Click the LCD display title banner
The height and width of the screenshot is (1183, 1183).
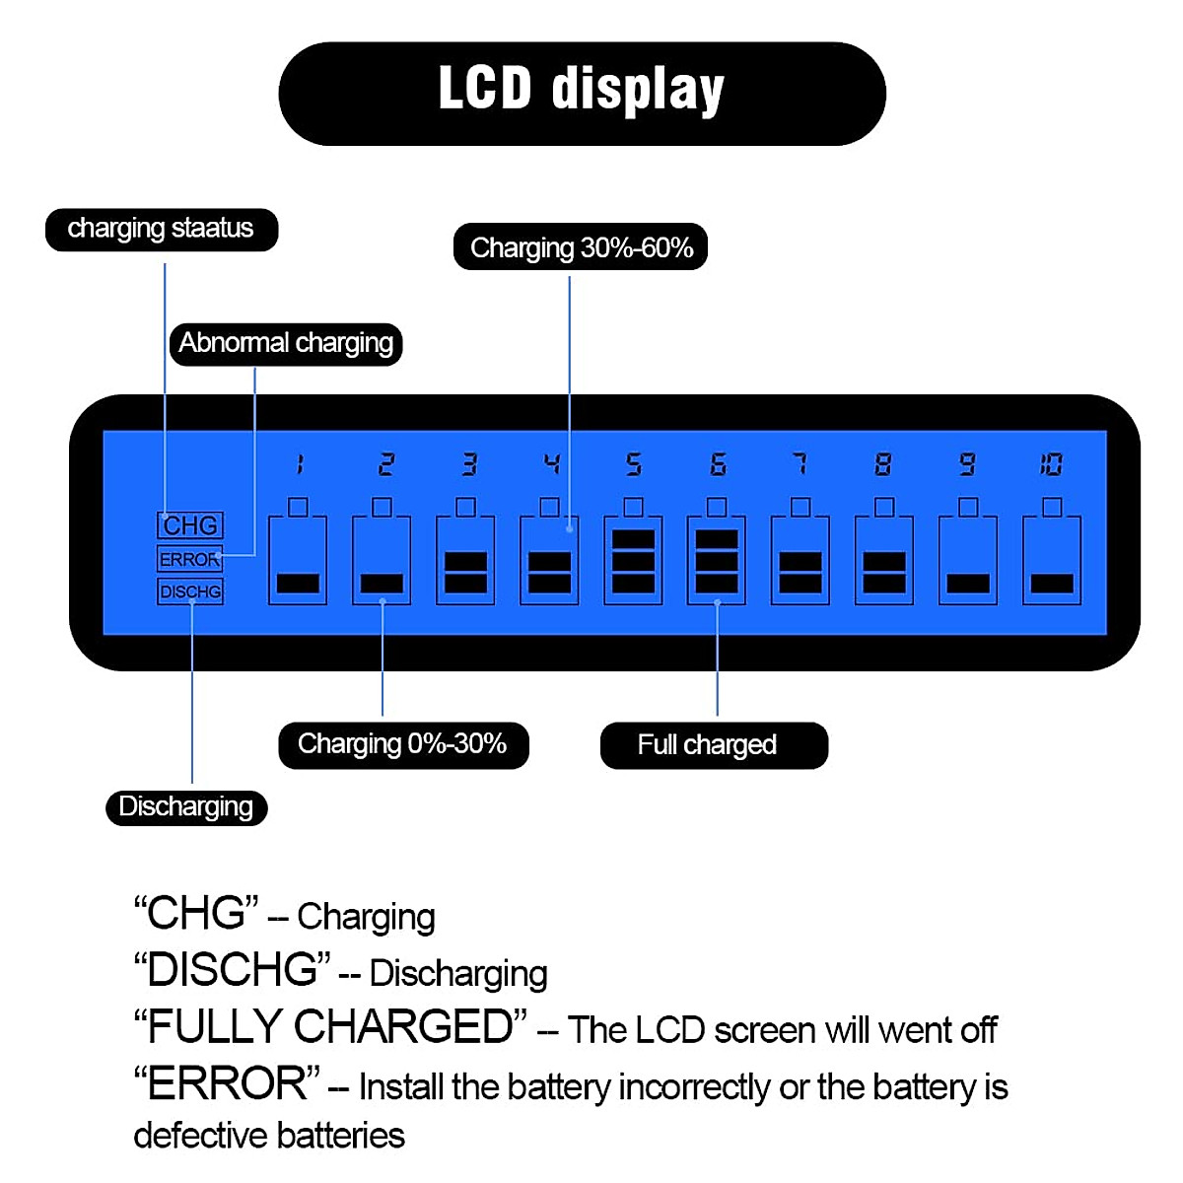[582, 94]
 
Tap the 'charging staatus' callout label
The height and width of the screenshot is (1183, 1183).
[161, 229]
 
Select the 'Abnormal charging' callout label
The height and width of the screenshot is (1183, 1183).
[286, 344]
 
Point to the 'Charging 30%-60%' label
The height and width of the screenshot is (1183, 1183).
[581, 247]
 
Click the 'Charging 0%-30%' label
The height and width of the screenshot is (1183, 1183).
[402, 744]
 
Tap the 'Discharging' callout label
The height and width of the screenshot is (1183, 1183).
[186, 807]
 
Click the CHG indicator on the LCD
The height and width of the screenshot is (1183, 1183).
[190, 525]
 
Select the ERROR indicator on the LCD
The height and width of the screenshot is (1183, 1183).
[189, 559]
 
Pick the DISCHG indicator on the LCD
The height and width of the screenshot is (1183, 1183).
[190, 591]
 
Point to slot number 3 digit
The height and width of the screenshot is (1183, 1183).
[469, 464]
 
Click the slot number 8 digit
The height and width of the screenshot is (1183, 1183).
[883, 464]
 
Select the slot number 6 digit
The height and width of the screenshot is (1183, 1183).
[718, 464]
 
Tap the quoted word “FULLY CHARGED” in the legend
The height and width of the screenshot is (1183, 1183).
[331, 1027]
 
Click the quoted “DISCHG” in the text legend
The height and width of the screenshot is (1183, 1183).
[233, 970]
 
